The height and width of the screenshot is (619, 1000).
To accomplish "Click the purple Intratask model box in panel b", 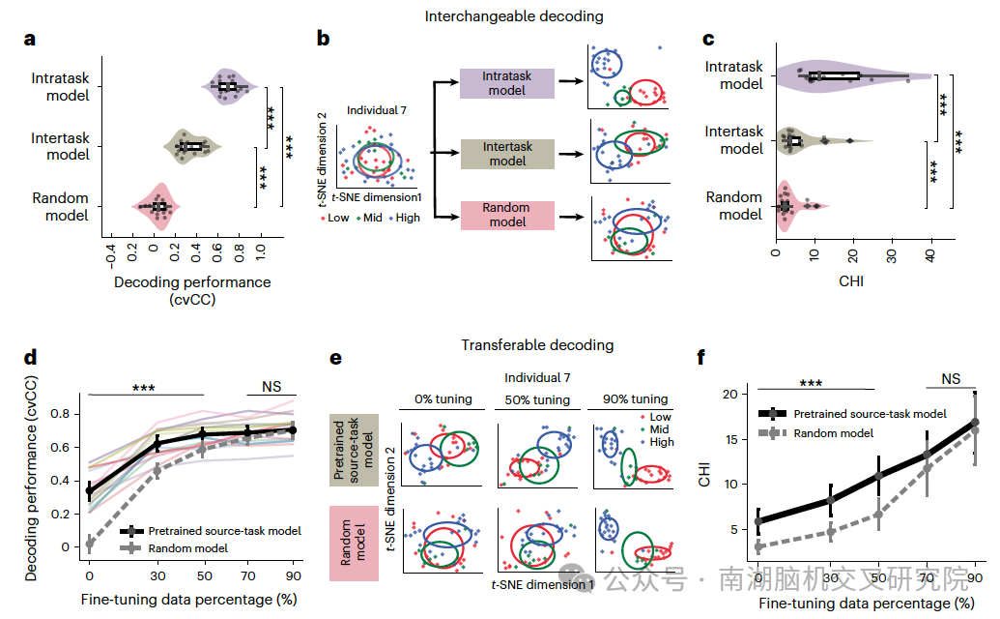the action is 507,83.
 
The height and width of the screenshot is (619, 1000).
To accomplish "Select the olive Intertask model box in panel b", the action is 507,154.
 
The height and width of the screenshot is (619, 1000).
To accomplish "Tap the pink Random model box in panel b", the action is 507,215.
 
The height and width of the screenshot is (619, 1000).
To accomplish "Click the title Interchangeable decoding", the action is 514,16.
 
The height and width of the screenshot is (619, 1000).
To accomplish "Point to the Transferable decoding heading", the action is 537,345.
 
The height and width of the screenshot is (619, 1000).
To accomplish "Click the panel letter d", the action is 31,357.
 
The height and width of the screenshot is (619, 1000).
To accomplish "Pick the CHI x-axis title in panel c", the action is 851,281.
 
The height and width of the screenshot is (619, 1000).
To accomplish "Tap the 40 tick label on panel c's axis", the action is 930,256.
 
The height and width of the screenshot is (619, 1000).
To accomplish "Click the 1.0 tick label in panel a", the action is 260,252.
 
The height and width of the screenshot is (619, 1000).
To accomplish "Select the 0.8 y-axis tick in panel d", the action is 60,414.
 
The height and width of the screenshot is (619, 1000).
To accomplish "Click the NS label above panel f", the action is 951,379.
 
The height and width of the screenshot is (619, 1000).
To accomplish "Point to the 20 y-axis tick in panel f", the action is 729,394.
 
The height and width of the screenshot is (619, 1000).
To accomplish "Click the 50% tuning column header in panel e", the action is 537,400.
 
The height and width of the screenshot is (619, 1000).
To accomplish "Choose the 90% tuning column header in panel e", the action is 635,399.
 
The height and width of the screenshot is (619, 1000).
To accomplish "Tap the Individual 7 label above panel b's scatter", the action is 376,110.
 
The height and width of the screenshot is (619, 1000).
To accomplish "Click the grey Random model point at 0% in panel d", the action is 89,544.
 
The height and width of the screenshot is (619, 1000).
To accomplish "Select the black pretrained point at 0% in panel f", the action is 758,521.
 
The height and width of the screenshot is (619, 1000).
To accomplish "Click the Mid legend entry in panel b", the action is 369,218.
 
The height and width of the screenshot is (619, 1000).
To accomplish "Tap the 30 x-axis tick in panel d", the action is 157,576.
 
